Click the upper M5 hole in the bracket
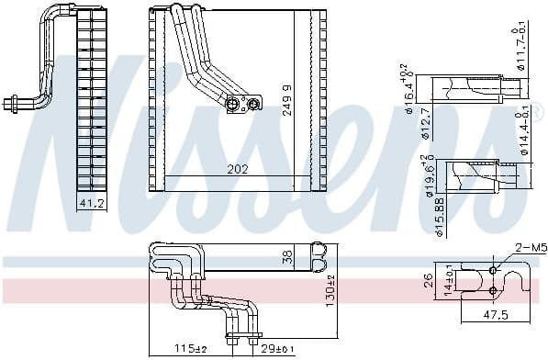pyautogui.click(x=493, y=271)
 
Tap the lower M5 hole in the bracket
pyautogui.click(x=493, y=291)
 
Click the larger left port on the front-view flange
pyautogui.click(x=233, y=104)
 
